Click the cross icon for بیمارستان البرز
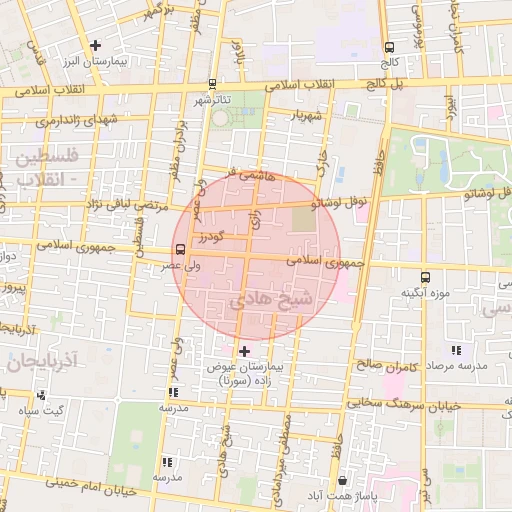(95, 45)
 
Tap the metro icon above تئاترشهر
(212, 84)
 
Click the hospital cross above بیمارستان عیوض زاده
(245, 351)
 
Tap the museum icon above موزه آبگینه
(426, 277)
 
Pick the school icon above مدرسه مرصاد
(457, 350)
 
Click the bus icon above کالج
(388, 45)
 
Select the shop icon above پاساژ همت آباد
(343, 480)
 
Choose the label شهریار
(307, 116)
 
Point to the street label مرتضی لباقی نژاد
(86, 203)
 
